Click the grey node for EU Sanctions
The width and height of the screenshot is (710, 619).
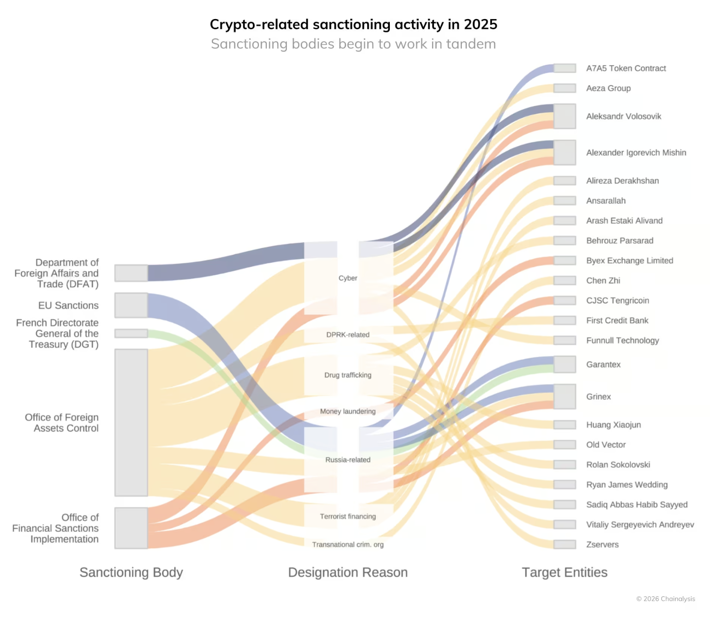tap(131, 305)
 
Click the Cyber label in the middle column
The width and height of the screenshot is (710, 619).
tap(348, 277)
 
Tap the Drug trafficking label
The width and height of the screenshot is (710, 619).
tap(348, 374)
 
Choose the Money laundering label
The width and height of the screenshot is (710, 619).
tap(348, 411)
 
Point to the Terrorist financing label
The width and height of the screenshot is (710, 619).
tap(348, 516)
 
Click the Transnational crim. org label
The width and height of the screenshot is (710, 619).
tap(348, 544)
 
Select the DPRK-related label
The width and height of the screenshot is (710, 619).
tap(348, 334)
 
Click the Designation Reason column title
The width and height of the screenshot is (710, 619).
tap(348, 572)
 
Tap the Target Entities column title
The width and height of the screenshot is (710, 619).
tap(564, 572)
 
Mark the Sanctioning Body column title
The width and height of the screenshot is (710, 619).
tap(131, 572)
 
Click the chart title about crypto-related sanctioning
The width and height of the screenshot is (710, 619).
tap(353, 24)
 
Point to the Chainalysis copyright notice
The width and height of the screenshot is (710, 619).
tap(665, 599)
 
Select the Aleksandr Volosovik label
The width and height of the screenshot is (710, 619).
tap(623, 116)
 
